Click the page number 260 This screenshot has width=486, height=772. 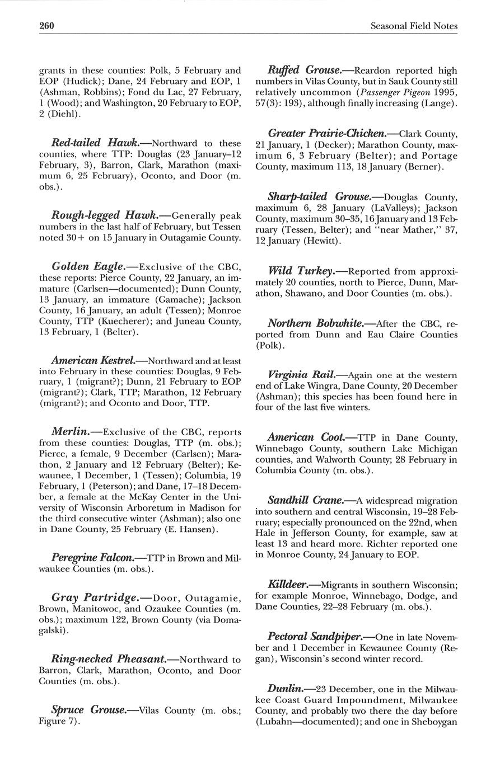(x=46, y=26)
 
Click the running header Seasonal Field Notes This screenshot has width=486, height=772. (x=414, y=26)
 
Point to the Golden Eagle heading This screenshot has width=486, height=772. (x=92, y=267)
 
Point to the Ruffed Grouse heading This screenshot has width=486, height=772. (x=304, y=70)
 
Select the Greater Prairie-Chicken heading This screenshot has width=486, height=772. (x=326, y=134)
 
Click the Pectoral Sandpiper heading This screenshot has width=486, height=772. (x=314, y=637)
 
